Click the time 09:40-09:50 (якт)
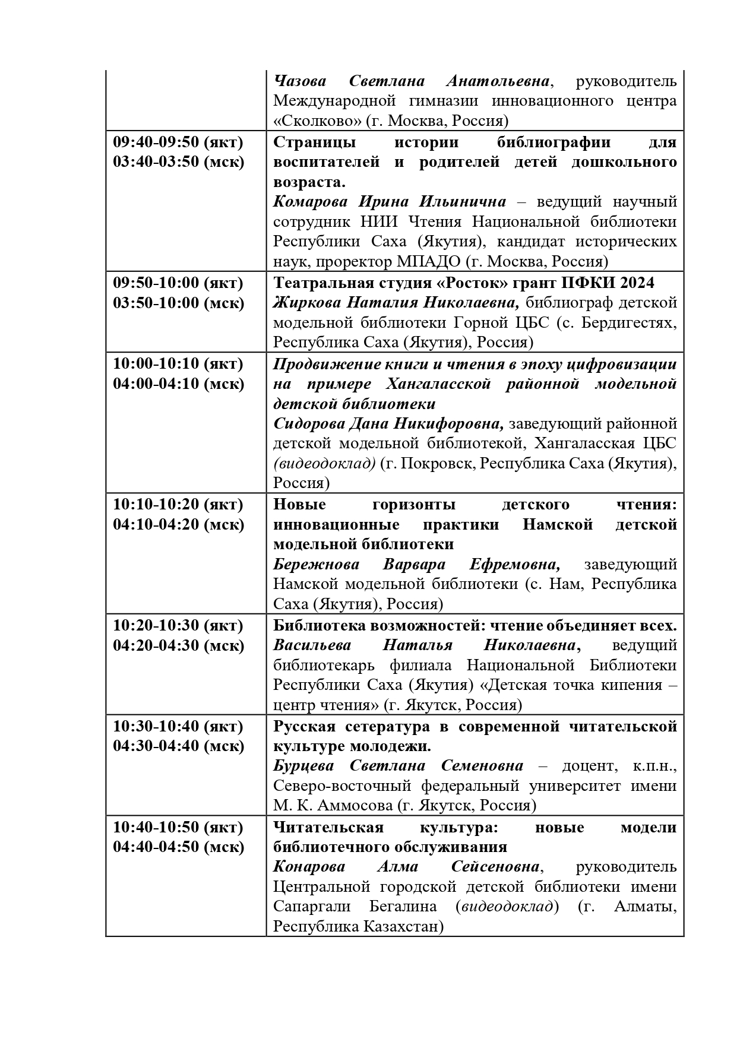click(x=178, y=142)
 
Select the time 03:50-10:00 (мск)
click(x=178, y=303)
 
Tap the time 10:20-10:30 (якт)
click(x=178, y=625)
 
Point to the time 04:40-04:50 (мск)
click(x=178, y=847)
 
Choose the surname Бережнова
click(x=314, y=564)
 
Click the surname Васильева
click(x=312, y=645)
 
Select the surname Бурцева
click(x=303, y=766)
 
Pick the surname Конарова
click(x=309, y=867)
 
